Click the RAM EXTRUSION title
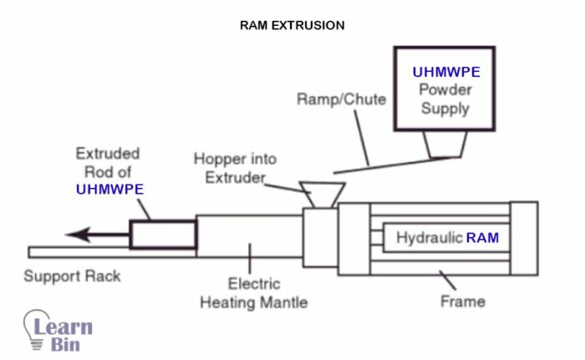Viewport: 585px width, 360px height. pyautogui.click(x=292, y=25)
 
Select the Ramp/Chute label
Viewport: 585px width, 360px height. pyautogui.click(x=341, y=99)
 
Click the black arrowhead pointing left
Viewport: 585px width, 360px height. pyautogui.click(x=77, y=234)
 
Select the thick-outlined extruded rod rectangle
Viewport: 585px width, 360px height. pyautogui.click(x=162, y=233)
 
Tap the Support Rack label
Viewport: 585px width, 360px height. pyautogui.click(x=72, y=276)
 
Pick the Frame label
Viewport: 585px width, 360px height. pyautogui.click(x=462, y=301)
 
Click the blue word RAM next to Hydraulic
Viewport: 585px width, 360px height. pyautogui.click(x=482, y=238)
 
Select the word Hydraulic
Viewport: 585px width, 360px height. pyautogui.click(x=429, y=238)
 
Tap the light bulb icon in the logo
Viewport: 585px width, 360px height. pyautogui.click(x=37, y=329)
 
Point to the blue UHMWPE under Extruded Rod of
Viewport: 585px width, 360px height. pyautogui.click(x=109, y=189)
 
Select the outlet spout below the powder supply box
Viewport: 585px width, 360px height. pyautogui.click(x=445, y=146)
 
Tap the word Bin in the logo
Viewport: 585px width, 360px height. pyautogui.click(x=64, y=344)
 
